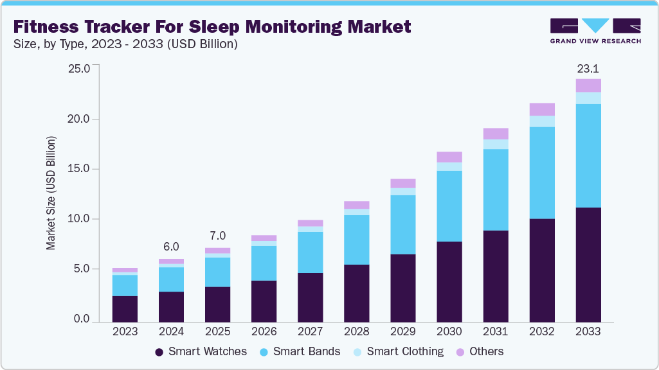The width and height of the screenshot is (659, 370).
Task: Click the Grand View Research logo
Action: pyautogui.click(x=595, y=30)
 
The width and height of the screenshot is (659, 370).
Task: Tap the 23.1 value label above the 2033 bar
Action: pyautogui.click(x=588, y=68)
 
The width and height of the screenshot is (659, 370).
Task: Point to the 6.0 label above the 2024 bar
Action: pyautogui.click(x=171, y=247)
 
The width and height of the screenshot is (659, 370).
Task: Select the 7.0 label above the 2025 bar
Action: pyautogui.click(x=217, y=236)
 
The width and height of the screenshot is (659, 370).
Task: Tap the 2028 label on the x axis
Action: pyautogui.click(x=356, y=331)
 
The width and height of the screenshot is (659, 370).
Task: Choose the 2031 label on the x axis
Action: pyautogui.click(x=496, y=331)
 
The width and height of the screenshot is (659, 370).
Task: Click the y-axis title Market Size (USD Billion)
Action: pyautogui.click(x=51, y=193)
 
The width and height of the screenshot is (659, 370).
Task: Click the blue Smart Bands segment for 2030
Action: pyautogui.click(x=449, y=206)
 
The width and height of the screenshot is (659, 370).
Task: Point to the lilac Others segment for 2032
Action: pyautogui.click(x=542, y=109)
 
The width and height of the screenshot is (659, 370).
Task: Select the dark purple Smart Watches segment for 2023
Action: pyautogui.click(x=125, y=309)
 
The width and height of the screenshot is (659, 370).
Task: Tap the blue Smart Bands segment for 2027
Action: pyautogui.click(x=310, y=252)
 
